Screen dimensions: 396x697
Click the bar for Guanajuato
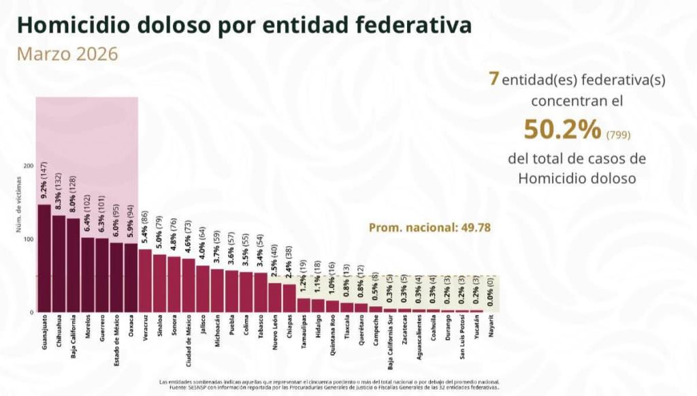point(44,258)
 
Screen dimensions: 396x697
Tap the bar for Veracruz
point(145,280)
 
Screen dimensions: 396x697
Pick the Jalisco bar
point(203,288)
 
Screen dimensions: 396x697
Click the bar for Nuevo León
point(275,297)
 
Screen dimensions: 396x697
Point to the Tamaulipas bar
point(304,305)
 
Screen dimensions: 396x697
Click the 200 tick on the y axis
point(29,166)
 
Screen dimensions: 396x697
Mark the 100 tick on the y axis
point(29,239)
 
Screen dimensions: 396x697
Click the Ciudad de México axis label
point(189,338)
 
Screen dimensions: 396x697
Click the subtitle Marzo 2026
point(67,54)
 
